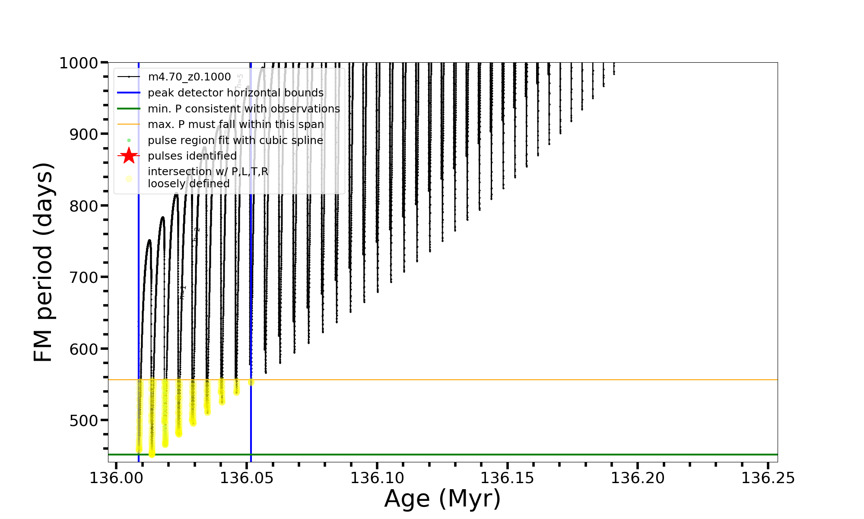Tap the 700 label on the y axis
(x=84, y=278)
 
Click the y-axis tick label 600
(x=84, y=349)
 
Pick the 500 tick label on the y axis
(x=84, y=420)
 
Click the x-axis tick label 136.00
(x=116, y=478)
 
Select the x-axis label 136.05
(x=246, y=478)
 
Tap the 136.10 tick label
(x=377, y=478)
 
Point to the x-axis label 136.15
(x=507, y=478)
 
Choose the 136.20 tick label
(x=638, y=478)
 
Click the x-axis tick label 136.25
(x=768, y=478)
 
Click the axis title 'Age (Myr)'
(x=442, y=499)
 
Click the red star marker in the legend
(x=129, y=156)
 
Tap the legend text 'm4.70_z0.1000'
(x=189, y=77)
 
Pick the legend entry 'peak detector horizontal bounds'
(x=235, y=93)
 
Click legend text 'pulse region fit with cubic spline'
(x=235, y=141)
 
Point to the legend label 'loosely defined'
(x=189, y=184)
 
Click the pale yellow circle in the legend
(x=129, y=179)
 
